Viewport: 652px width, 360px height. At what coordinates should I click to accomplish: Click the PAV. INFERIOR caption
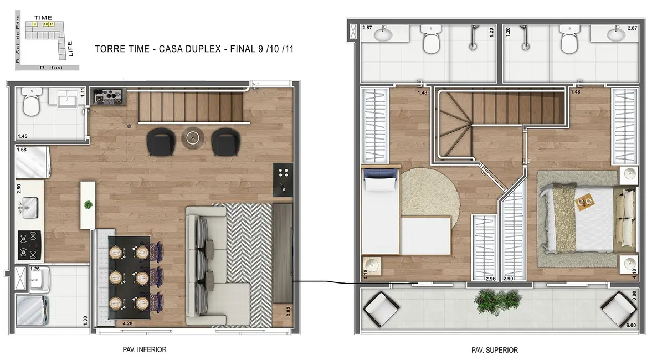tap(144, 350)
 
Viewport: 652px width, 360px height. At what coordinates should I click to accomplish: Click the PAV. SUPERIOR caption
tap(494, 351)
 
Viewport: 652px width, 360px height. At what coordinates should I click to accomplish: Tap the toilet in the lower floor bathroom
tap(32, 102)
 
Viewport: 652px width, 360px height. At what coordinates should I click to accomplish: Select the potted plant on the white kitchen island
tap(88, 205)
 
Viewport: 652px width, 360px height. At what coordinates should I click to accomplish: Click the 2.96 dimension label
tap(490, 279)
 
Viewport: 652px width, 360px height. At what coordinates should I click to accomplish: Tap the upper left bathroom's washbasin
tap(382, 34)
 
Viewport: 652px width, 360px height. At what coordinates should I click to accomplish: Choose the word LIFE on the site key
tap(70, 49)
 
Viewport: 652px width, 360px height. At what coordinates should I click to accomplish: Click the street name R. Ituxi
tap(50, 68)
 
